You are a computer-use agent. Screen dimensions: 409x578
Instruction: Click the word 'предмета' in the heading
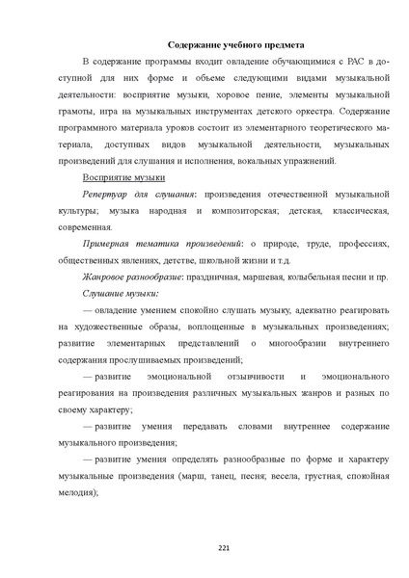pyautogui.click(x=280, y=44)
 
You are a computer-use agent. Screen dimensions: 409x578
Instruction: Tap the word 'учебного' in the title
pyautogui.click(x=230, y=44)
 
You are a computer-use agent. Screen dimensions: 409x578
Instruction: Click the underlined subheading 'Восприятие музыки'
pyautogui.click(x=124, y=178)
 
